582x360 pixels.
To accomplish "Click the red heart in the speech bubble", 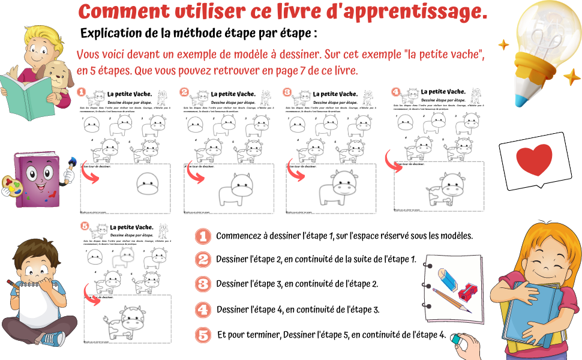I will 533,160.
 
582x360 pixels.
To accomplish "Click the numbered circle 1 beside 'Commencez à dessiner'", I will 203,236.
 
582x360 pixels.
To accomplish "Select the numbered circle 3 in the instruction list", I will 203,284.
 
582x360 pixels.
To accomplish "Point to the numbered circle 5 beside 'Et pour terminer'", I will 203,335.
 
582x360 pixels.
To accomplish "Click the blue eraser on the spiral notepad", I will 446,277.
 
